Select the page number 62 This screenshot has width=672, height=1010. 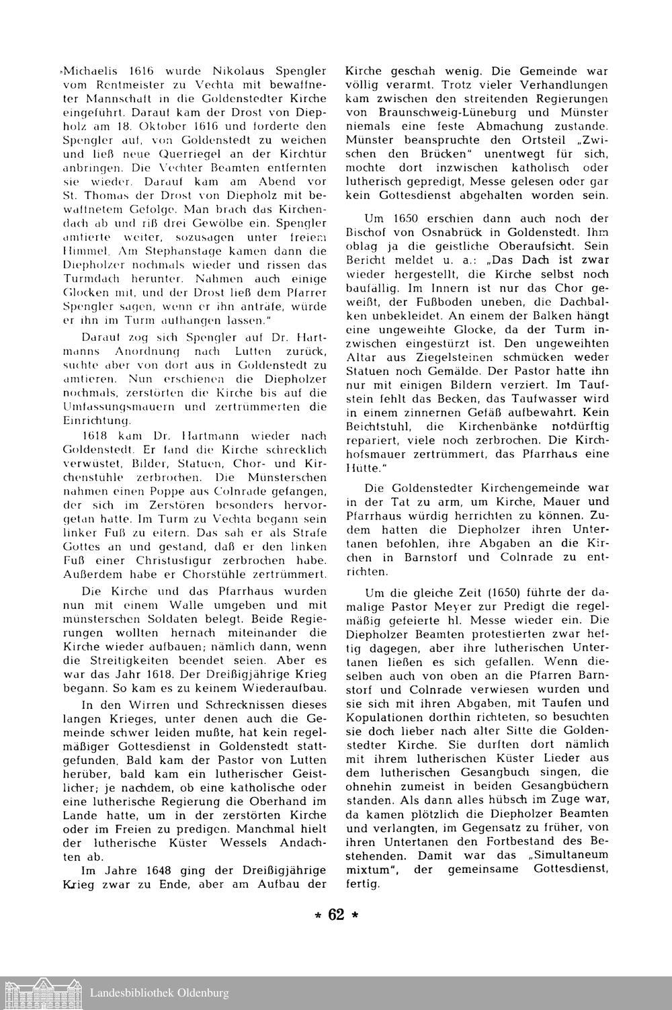(x=336, y=915)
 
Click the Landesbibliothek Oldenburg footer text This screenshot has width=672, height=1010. (x=159, y=993)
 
